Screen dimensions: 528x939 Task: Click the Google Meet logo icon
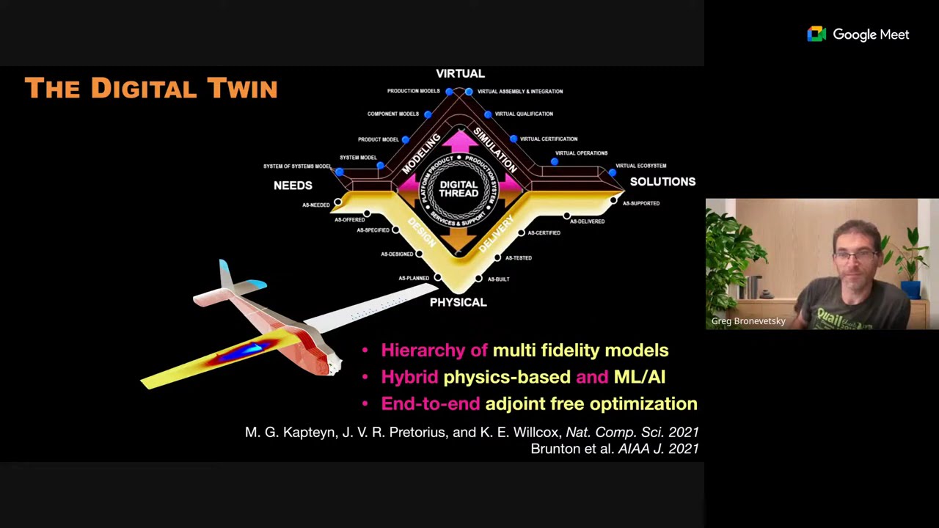coord(816,34)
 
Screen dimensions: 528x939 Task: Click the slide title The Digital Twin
coord(151,89)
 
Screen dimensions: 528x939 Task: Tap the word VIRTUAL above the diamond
coord(460,73)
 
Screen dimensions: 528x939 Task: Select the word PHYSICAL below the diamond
coord(458,302)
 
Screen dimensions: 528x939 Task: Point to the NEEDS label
coord(293,186)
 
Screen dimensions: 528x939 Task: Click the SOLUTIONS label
coord(662,182)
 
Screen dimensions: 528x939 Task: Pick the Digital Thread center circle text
coord(458,189)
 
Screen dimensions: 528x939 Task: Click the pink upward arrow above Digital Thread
coord(459,141)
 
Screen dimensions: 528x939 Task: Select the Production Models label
coord(413,92)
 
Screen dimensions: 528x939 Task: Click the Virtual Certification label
coord(549,139)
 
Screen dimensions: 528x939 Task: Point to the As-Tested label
coord(518,258)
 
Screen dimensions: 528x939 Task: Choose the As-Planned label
coord(414,279)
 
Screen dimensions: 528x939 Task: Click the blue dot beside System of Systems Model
coord(339,172)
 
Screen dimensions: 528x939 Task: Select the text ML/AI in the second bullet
coord(639,377)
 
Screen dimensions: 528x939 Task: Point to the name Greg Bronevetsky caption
coord(748,321)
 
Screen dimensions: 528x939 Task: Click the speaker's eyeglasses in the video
coord(855,256)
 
